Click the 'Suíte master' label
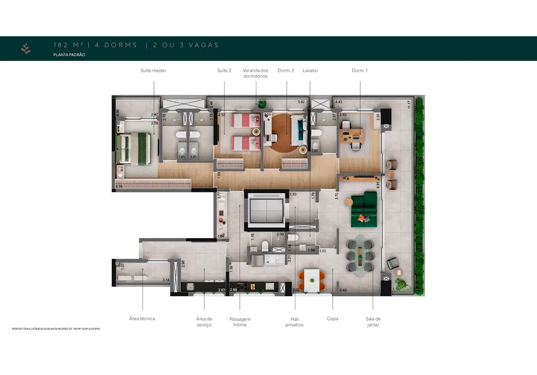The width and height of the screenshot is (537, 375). click(x=153, y=71)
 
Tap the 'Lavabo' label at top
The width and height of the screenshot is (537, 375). click(x=310, y=71)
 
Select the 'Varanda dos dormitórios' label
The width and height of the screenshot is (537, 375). click(x=255, y=73)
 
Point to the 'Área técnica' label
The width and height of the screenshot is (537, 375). click(x=142, y=319)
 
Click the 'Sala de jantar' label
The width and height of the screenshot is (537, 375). click(x=373, y=322)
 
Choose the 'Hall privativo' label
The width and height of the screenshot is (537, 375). click(x=294, y=322)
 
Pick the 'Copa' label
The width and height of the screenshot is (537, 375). click(x=332, y=319)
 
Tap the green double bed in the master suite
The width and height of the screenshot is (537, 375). click(x=132, y=149)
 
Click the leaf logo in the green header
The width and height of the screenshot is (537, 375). click(x=26, y=49)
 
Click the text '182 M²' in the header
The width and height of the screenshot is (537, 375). click(x=68, y=45)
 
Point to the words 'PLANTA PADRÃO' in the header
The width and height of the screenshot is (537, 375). click(x=69, y=55)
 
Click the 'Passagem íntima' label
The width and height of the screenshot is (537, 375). click(x=240, y=322)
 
